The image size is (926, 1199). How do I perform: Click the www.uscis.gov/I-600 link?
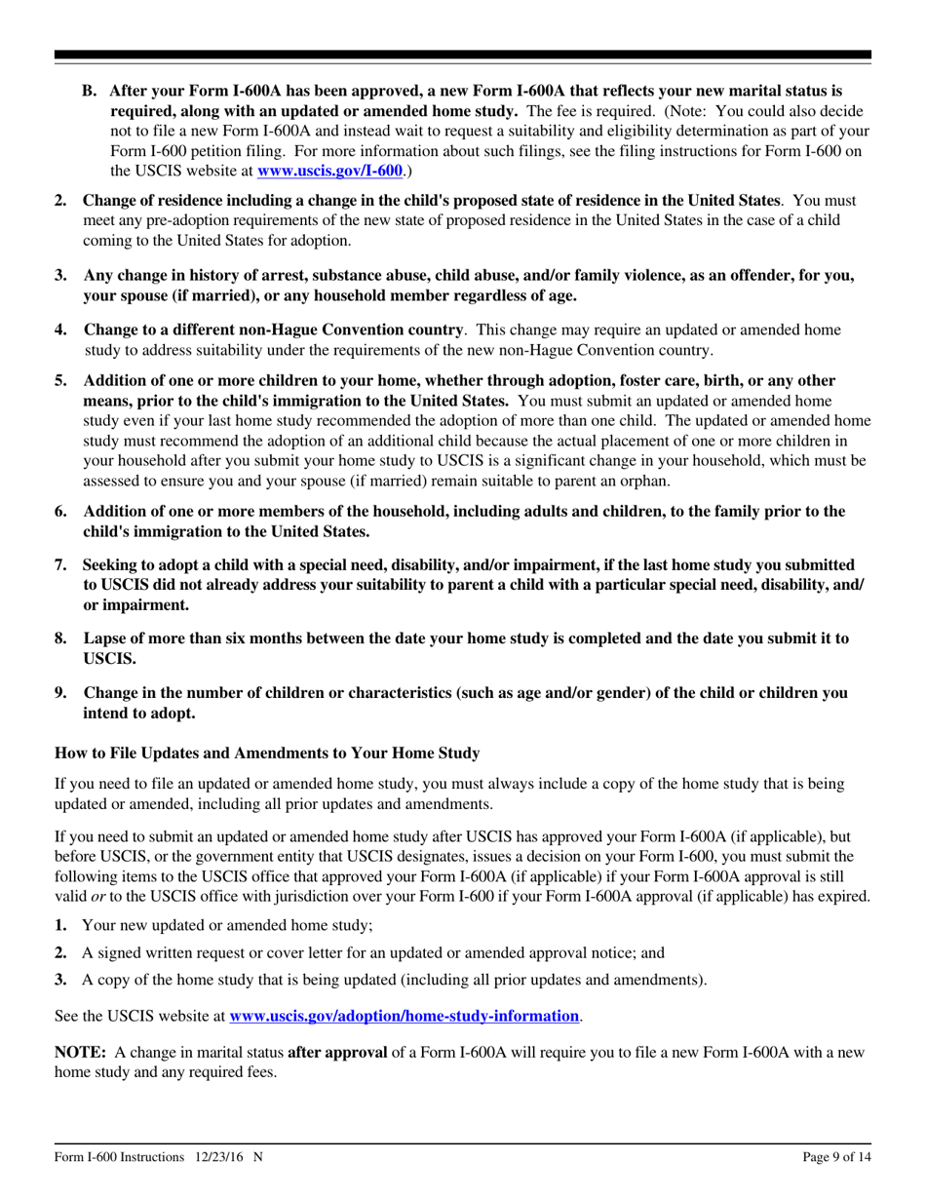point(329,171)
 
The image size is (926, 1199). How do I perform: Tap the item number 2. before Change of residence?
point(60,201)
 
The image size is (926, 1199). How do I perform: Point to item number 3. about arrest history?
point(60,276)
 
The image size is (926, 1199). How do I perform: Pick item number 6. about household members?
point(60,511)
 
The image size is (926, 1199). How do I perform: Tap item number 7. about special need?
point(60,565)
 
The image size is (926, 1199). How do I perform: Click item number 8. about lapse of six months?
point(60,638)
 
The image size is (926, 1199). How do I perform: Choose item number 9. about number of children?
point(60,693)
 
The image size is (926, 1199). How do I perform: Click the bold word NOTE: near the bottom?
point(81,1026)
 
